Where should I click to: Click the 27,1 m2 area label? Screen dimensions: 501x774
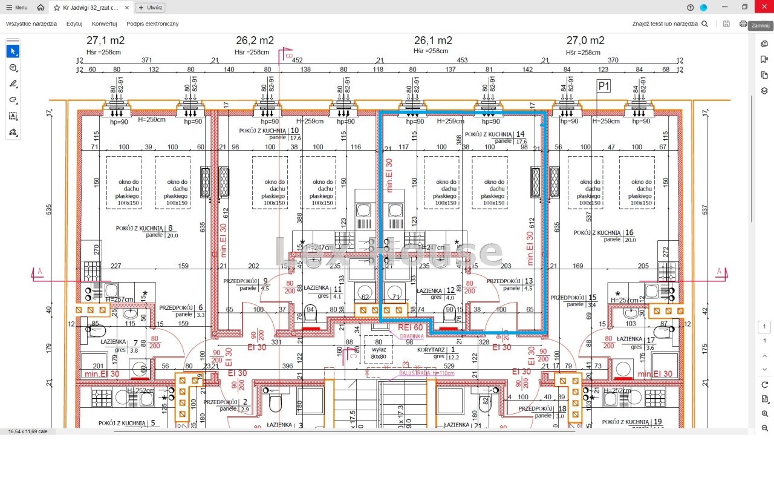106,41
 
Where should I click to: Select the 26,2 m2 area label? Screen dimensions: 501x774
255,41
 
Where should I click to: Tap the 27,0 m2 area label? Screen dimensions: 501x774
585,41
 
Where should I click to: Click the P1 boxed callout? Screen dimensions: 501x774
603,87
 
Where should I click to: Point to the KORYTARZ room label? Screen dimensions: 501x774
431,350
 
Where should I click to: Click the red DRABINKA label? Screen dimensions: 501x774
411,336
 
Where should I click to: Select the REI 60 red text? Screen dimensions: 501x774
411,327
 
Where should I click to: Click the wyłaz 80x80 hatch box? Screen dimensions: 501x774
379,353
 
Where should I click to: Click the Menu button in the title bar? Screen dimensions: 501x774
16,7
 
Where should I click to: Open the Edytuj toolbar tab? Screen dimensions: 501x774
74,24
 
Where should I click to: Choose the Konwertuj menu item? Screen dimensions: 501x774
104,24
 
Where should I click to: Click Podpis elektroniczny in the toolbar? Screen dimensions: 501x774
152,24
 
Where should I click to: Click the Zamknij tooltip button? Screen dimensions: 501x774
760,26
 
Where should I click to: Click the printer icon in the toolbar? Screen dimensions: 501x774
743,24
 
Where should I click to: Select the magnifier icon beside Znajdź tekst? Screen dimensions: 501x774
704,24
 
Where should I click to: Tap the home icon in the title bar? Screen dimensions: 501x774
41,7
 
